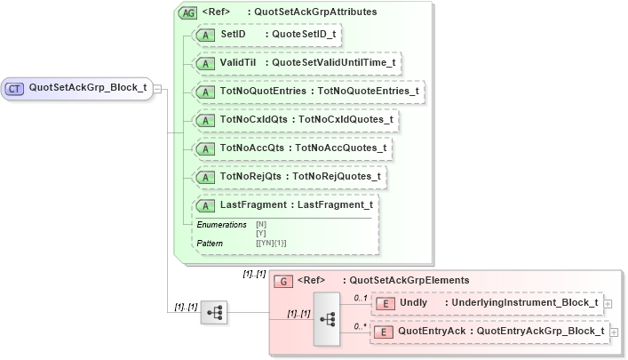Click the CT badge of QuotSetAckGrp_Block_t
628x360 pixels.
click(15, 88)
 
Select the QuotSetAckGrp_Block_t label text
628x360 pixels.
click(87, 88)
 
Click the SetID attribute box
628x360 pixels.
click(267, 35)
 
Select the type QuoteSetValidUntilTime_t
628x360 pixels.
click(333, 63)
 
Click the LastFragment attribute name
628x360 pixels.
click(253, 204)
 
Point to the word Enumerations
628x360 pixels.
click(221, 225)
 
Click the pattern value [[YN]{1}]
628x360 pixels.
click(271, 243)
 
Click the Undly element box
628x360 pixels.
click(486, 303)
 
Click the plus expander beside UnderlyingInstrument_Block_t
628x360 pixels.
click(608, 303)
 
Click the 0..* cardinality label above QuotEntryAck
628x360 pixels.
click(361, 326)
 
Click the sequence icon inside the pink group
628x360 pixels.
click(327, 316)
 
